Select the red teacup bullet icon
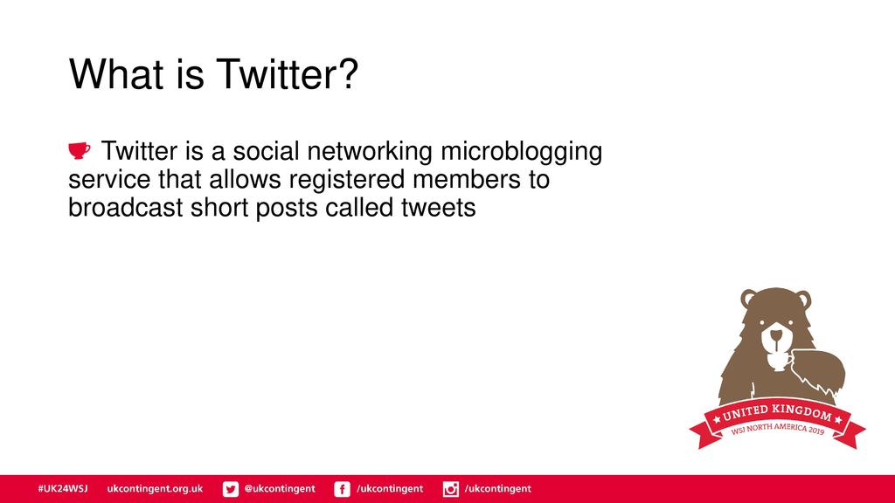pos(80,150)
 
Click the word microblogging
pos(521,153)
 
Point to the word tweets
pos(439,208)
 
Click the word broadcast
pos(126,208)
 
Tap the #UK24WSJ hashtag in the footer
pos(63,489)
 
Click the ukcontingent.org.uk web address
pos(155,489)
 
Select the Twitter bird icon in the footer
pos(231,489)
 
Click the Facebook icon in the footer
pos(342,489)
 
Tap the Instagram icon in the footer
pos(451,489)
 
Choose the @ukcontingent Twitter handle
pos(280,489)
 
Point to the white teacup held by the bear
pos(779,362)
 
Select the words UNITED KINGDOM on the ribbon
pos(777,413)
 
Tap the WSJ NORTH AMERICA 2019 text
pos(777,429)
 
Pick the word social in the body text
pos(266,152)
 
